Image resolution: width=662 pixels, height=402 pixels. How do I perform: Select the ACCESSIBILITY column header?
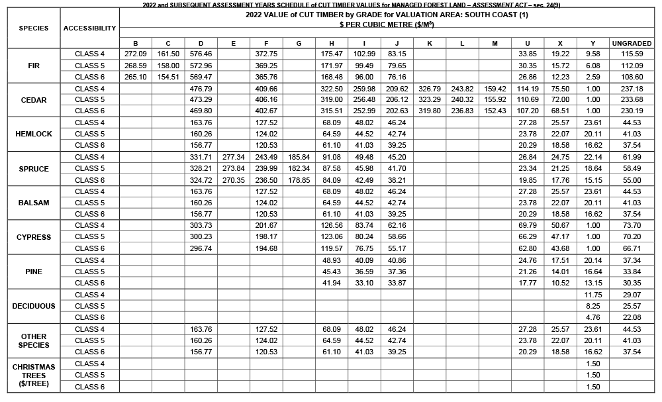pos(89,28)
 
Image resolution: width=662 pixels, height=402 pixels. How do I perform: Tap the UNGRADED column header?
pos(632,43)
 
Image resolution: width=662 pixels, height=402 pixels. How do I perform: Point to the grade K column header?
pos(430,43)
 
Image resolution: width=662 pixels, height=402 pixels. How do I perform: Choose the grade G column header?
pos(299,43)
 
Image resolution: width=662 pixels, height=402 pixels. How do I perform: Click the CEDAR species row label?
pos(33,100)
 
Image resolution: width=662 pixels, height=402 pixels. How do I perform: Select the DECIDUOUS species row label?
pos(33,306)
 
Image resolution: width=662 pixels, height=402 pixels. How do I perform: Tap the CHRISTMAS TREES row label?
pos(33,375)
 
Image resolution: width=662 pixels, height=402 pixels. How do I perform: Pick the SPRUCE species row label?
pos(33,169)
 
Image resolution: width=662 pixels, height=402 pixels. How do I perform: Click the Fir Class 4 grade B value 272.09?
pos(136,54)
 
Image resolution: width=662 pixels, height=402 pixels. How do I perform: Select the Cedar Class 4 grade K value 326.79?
pos(430,89)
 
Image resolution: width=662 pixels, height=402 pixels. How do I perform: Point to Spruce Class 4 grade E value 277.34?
pos(234,157)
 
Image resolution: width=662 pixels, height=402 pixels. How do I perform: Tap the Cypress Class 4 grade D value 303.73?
pos(201,226)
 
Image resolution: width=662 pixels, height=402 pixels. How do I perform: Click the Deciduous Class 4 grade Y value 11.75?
pos(593,295)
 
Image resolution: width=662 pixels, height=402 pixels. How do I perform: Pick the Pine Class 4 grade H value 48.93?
pos(332,260)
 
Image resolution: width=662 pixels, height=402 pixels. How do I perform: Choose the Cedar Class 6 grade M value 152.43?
pos(495,111)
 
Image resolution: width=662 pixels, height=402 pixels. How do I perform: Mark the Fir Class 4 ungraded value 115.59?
pos(632,54)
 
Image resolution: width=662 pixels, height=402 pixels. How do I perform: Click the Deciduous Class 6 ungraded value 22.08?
pos(632,317)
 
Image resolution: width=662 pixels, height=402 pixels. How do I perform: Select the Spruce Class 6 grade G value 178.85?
pos(299,179)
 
